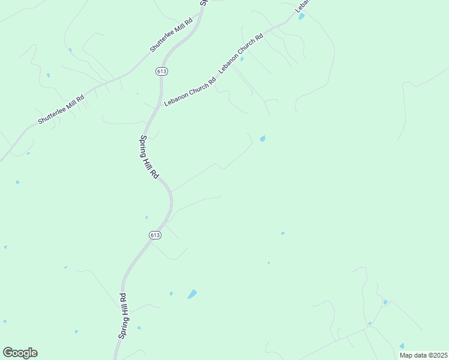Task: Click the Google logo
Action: (20, 353)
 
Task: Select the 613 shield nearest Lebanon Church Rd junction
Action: (161, 71)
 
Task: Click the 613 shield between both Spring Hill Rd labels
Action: (155, 235)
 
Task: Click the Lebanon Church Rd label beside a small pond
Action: (241, 53)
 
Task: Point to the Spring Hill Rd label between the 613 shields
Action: (149, 157)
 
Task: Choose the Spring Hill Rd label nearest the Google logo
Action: (122, 316)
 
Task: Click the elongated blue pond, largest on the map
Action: (192, 294)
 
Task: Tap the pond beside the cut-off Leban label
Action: (301, 17)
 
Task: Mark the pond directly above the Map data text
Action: (402, 346)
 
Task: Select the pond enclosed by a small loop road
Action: (385, 302)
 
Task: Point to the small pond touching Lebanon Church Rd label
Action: (242, 59)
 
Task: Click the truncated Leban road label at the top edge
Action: (302, 6)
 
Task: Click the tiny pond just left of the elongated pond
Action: (171, 293)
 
